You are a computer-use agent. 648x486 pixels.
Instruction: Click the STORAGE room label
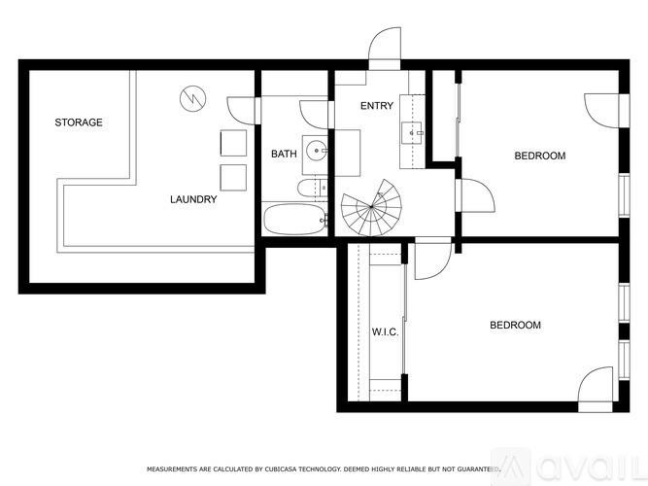point(79,122)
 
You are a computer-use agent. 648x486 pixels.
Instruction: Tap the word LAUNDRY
point(193,200)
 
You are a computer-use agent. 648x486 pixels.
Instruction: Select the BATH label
point(284,154)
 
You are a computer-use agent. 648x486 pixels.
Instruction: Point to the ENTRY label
point(377,105)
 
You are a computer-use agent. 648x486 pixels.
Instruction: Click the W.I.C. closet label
point(386,331)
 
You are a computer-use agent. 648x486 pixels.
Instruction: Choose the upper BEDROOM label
point(539,156)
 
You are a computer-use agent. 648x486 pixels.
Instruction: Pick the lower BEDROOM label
point(514,325)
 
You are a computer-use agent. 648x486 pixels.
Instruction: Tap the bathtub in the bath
point(295,220)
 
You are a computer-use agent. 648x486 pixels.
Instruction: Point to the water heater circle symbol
point(191,98)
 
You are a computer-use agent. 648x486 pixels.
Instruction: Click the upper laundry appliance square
point(233,142)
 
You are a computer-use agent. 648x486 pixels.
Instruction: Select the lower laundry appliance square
point(233,177)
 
